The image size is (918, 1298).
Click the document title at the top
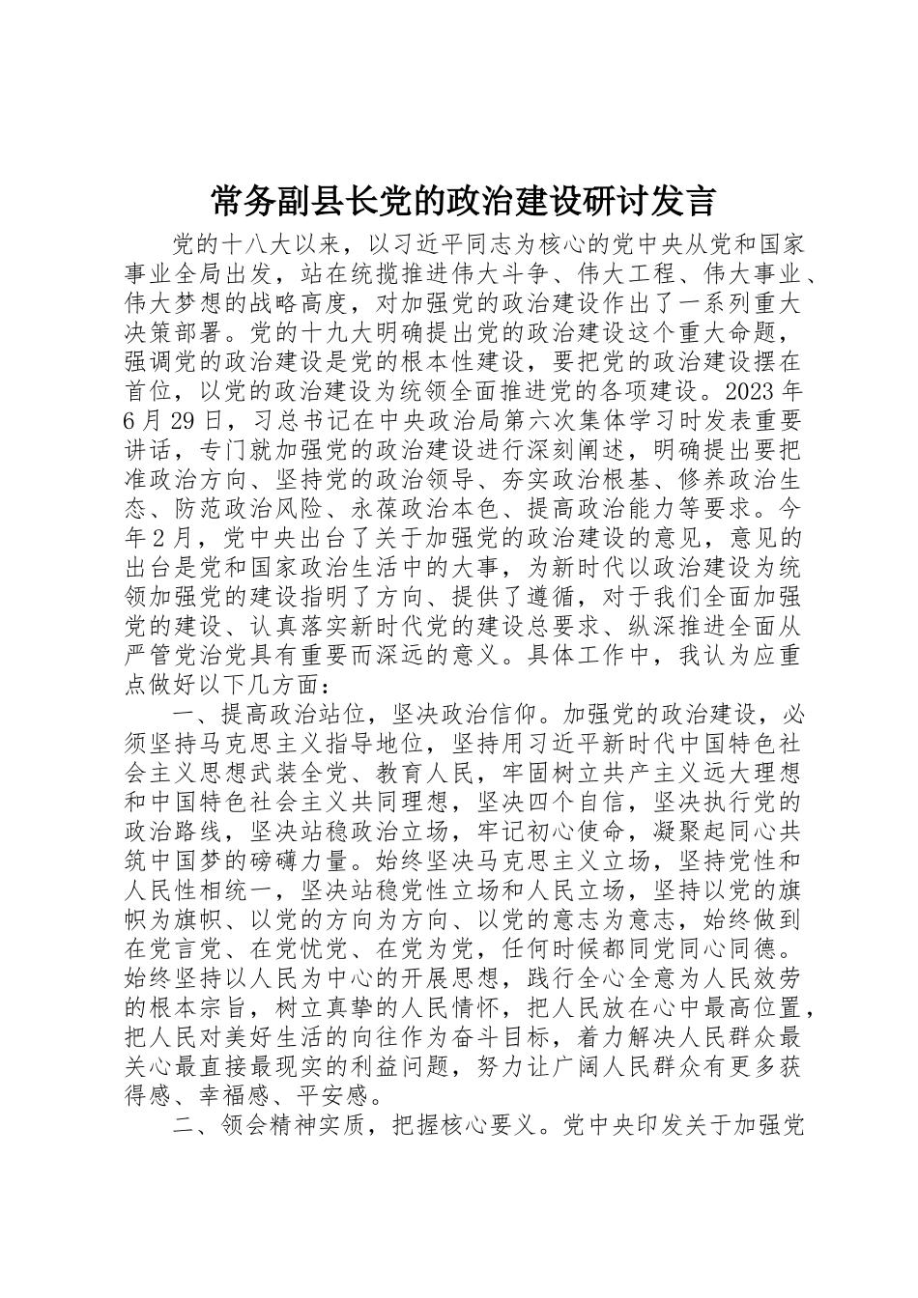[462, 202]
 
